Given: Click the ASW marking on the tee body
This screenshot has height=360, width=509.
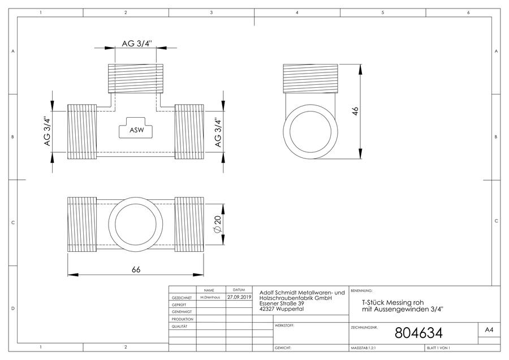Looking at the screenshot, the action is coord(137,130).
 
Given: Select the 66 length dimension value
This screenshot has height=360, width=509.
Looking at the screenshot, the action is coord(136,269).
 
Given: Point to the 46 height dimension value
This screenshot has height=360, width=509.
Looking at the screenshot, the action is coord(355,111).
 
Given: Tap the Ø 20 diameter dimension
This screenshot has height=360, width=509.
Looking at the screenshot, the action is coord(218,224).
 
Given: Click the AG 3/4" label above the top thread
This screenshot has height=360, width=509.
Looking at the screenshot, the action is coord(137,44).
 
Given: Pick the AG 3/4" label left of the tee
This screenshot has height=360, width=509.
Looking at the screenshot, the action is coord(48,131).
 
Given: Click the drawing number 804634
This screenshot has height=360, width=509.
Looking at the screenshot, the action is coord(419,333).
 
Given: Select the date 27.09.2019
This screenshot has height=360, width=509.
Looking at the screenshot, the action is coord(239,297).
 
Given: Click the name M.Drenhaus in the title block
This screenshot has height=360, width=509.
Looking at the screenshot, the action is coord(210,297).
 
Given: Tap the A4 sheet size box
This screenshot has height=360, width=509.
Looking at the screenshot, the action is coord(489,330).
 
